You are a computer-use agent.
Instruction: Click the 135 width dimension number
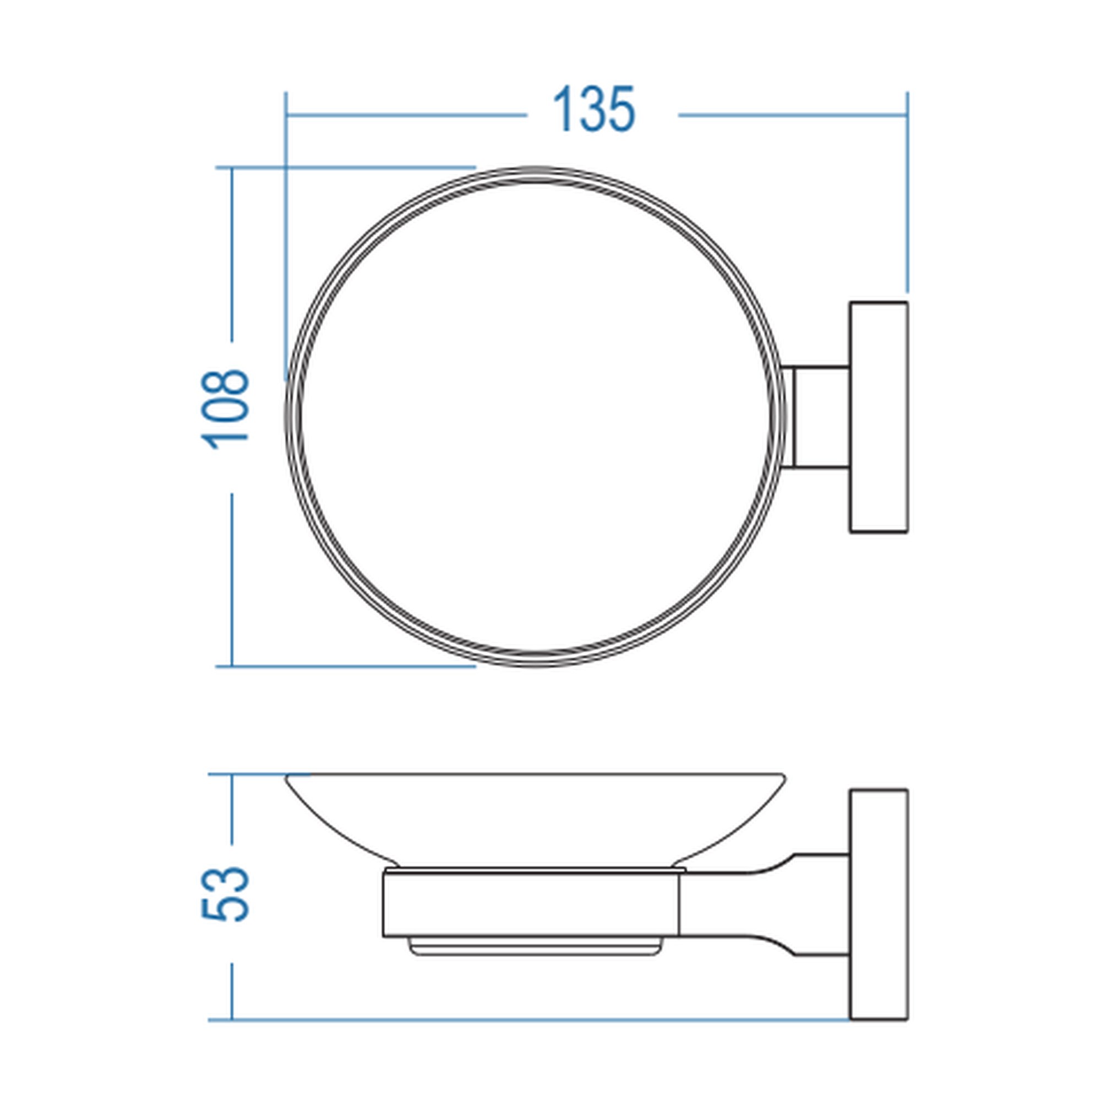tap(594, 109)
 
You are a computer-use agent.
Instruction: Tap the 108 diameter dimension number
tap(225, 410)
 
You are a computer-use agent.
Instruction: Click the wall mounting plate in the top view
tap(879, 417)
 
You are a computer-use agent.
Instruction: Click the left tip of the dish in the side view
tap(286, 776)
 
